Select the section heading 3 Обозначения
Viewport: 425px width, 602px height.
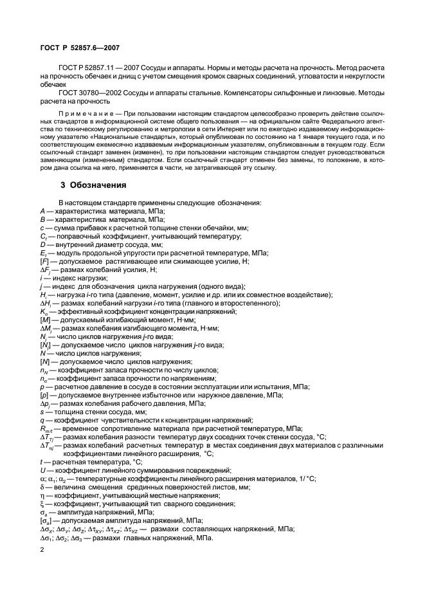point(92,185)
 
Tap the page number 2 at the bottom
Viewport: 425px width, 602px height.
point(42,551)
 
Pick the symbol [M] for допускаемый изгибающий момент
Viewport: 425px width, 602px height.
point(44,320)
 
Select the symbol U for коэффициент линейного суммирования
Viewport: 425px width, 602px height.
point(42,470)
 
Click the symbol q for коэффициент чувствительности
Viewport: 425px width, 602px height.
point(42,420)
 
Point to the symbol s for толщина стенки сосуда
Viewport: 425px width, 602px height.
point(41,412)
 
